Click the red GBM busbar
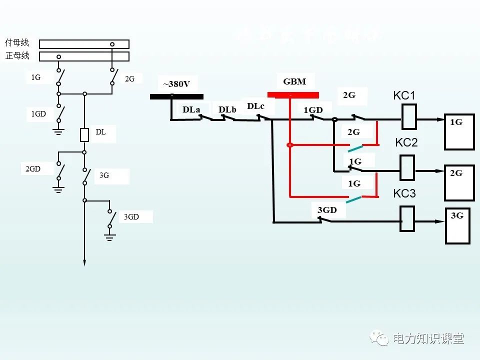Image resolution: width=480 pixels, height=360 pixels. [293, 94]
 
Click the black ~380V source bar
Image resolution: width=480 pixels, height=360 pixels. [176, 96]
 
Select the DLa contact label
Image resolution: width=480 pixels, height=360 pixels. [191, 109]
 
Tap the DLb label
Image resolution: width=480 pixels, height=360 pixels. [227, 109]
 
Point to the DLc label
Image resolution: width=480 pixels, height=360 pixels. [255, 106]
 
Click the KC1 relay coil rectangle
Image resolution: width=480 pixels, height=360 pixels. [409, 119]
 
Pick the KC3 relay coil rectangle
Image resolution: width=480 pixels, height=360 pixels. [407, 219]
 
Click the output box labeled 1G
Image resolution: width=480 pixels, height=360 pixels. [459, 132]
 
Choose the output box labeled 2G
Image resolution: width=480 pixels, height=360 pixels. [459, 182]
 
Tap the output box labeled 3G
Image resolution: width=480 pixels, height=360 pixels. [458, 226]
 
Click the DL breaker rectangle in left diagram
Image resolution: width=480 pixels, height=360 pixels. [84, 135]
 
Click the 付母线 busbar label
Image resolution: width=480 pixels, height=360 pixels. [17, 43]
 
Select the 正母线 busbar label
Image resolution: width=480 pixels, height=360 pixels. [17, 55]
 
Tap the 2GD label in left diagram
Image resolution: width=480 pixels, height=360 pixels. [33, 169]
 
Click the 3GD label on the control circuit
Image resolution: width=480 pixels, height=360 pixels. [327, 210]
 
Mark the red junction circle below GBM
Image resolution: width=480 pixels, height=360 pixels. [289, 145]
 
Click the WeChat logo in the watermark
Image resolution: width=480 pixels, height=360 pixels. [379, 338]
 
